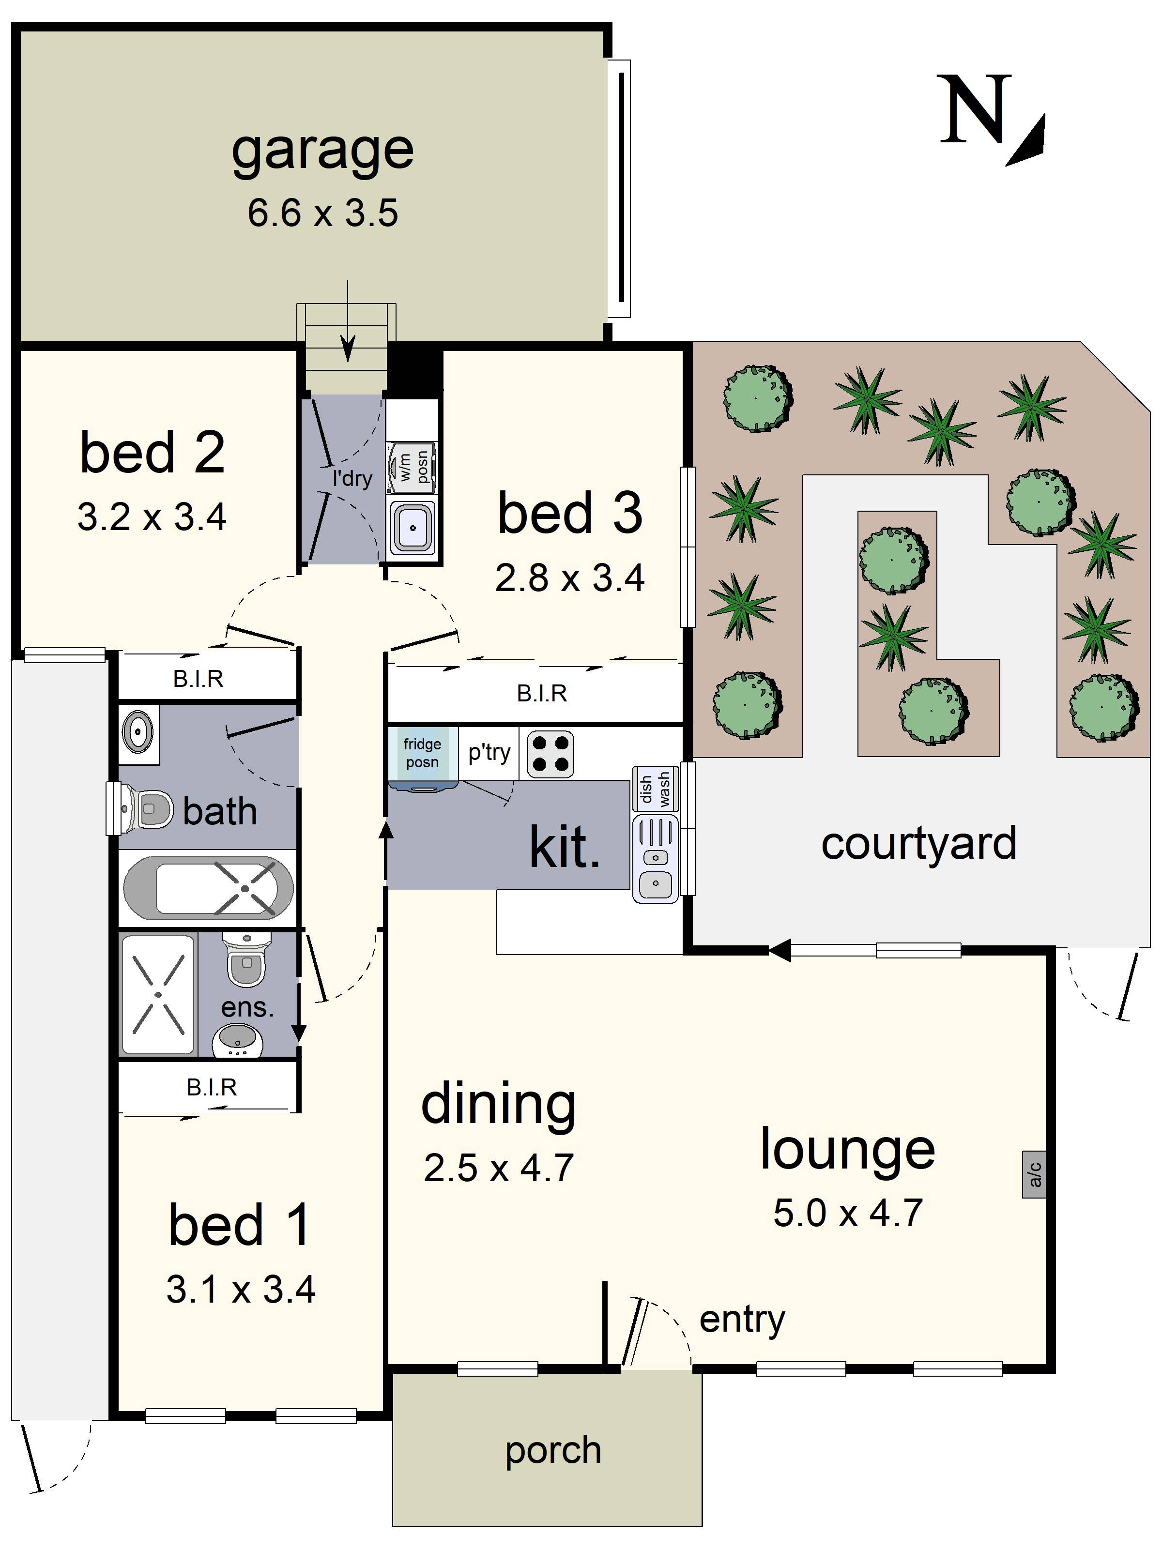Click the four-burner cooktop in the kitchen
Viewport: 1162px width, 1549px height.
[x=550, y=754]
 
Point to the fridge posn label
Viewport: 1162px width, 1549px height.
[x=422, y=753]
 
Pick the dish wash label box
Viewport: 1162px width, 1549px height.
[x=656, y=788]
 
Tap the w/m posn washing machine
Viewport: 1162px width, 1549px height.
[x=413, y=467]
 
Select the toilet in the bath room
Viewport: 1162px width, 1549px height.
[x=140, y=809]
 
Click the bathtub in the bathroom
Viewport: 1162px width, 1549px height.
[x=209, y=888]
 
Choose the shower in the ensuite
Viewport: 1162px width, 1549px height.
[x=158, y=994]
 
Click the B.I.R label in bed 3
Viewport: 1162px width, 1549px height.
[x=541, y=693]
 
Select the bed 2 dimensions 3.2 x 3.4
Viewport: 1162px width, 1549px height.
[x=152, y=517]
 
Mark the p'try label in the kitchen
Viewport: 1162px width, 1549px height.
[x=489, y=753]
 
